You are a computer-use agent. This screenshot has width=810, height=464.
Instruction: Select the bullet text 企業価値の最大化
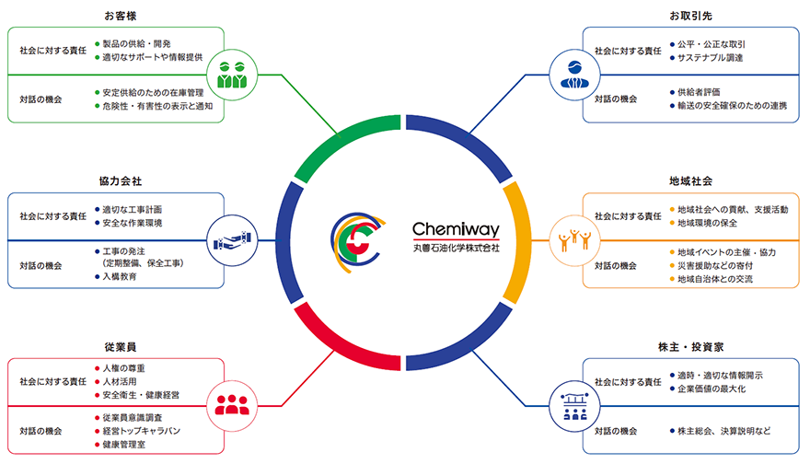pos(718,389)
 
